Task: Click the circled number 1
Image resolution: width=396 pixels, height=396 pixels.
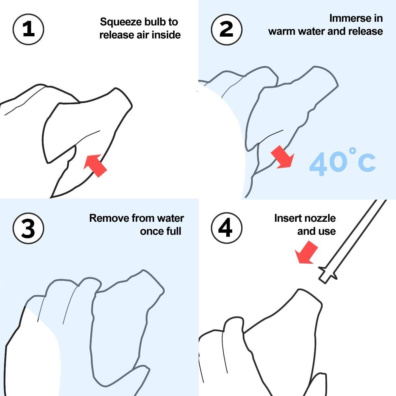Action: (28, 29)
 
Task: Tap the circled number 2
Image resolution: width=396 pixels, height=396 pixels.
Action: (227, 30)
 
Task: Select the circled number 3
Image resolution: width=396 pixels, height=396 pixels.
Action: (28, 228)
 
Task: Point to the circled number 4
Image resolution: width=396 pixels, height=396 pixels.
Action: (227, 228)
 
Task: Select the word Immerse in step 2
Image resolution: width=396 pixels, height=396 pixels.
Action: (348, 18)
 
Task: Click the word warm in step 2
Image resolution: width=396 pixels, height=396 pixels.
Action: (282, 31)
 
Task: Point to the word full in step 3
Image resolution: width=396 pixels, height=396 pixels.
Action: (174, 231)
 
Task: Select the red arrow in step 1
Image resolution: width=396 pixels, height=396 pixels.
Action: (95, 166)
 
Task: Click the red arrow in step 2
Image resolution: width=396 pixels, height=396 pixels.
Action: (282, 157)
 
